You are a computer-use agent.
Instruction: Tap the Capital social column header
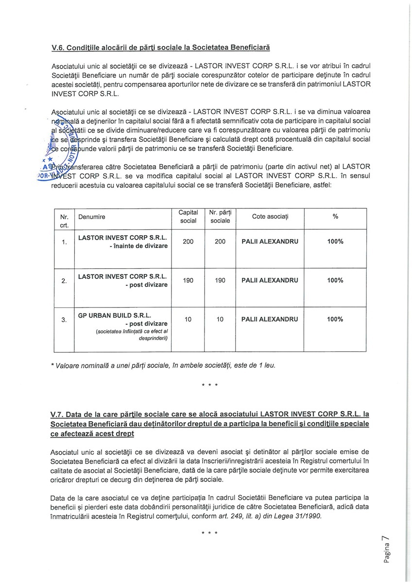(189, 216)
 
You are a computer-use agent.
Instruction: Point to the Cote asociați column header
(270, 216)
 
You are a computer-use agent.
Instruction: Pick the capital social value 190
(189, 280)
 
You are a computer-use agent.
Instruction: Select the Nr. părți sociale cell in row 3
(220, 319)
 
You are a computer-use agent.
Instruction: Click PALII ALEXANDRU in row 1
(270, 241)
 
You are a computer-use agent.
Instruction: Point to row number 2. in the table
(64, 281)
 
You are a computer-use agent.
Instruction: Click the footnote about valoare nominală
(166, 365)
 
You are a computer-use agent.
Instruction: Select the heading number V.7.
(58, 414)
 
